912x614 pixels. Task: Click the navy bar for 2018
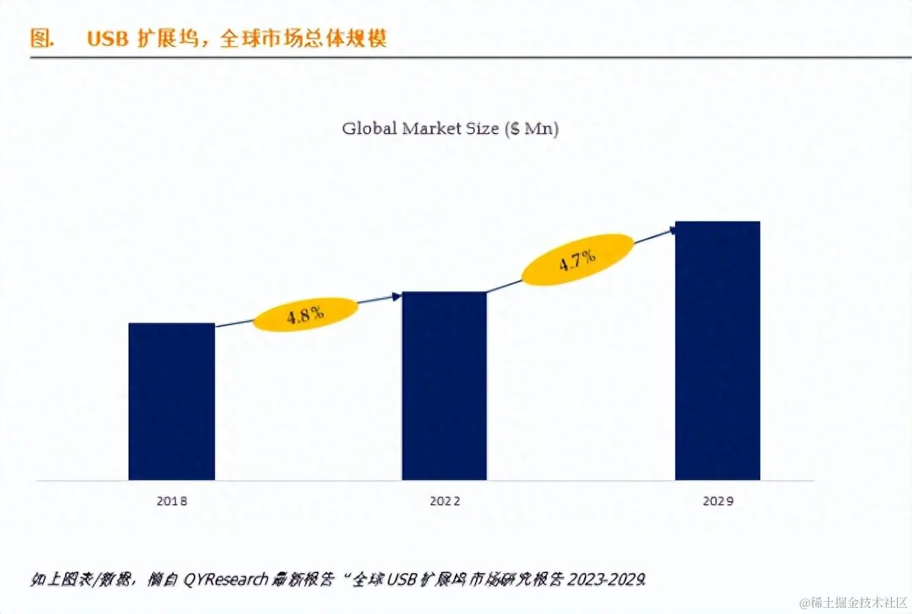point(172,401)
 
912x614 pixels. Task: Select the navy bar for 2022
point(444,386)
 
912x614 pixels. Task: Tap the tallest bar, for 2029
point(717,350)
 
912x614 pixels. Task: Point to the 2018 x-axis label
point(172,501)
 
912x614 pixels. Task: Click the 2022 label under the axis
point(444,501)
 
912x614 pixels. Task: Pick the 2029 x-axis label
point(718,501)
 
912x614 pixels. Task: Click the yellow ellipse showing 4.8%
point(305,314)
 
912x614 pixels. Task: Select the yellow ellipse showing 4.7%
point(577,259)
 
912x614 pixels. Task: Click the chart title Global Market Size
point(450,128)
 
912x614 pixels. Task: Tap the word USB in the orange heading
point(107,39)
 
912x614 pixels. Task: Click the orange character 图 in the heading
point(41,38)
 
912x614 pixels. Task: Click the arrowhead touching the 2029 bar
point(672,230)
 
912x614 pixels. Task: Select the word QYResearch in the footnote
point(226,579)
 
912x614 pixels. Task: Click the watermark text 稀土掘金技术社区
point(853,602)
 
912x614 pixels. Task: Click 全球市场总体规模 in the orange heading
point(303,38)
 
